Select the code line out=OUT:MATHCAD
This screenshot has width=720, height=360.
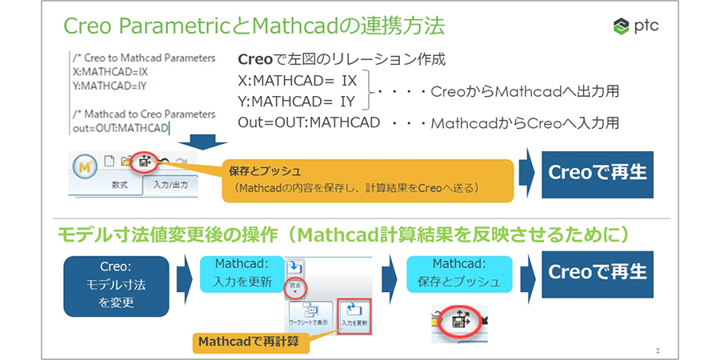(119, 128)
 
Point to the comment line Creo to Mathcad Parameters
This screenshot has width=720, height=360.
(143, 58)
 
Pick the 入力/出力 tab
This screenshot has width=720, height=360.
(169, 186)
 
